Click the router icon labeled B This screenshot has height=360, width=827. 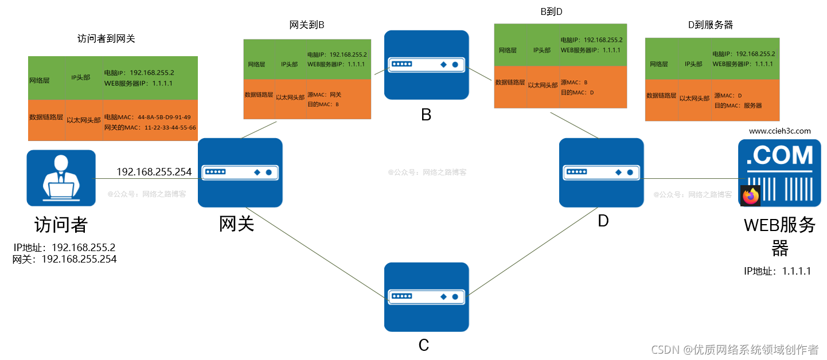(x=426, y=65)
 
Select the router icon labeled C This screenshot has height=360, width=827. (x=426, y=296)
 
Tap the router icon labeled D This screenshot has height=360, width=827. (x=601, y=172)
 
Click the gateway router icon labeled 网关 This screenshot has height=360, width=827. (x=240, y=172)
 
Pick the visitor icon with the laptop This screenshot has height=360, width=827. (x=61, y=178)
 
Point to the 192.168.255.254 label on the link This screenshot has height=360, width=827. (x=154, y=171)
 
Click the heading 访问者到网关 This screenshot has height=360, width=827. (x=106, y=39)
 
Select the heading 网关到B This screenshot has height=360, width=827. (x=307, y=25)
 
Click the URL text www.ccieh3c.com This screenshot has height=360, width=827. (x=779, y=131)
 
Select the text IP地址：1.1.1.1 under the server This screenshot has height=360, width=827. (x=777, y=271)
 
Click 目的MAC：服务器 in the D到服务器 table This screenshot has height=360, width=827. (x=738, y=105)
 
